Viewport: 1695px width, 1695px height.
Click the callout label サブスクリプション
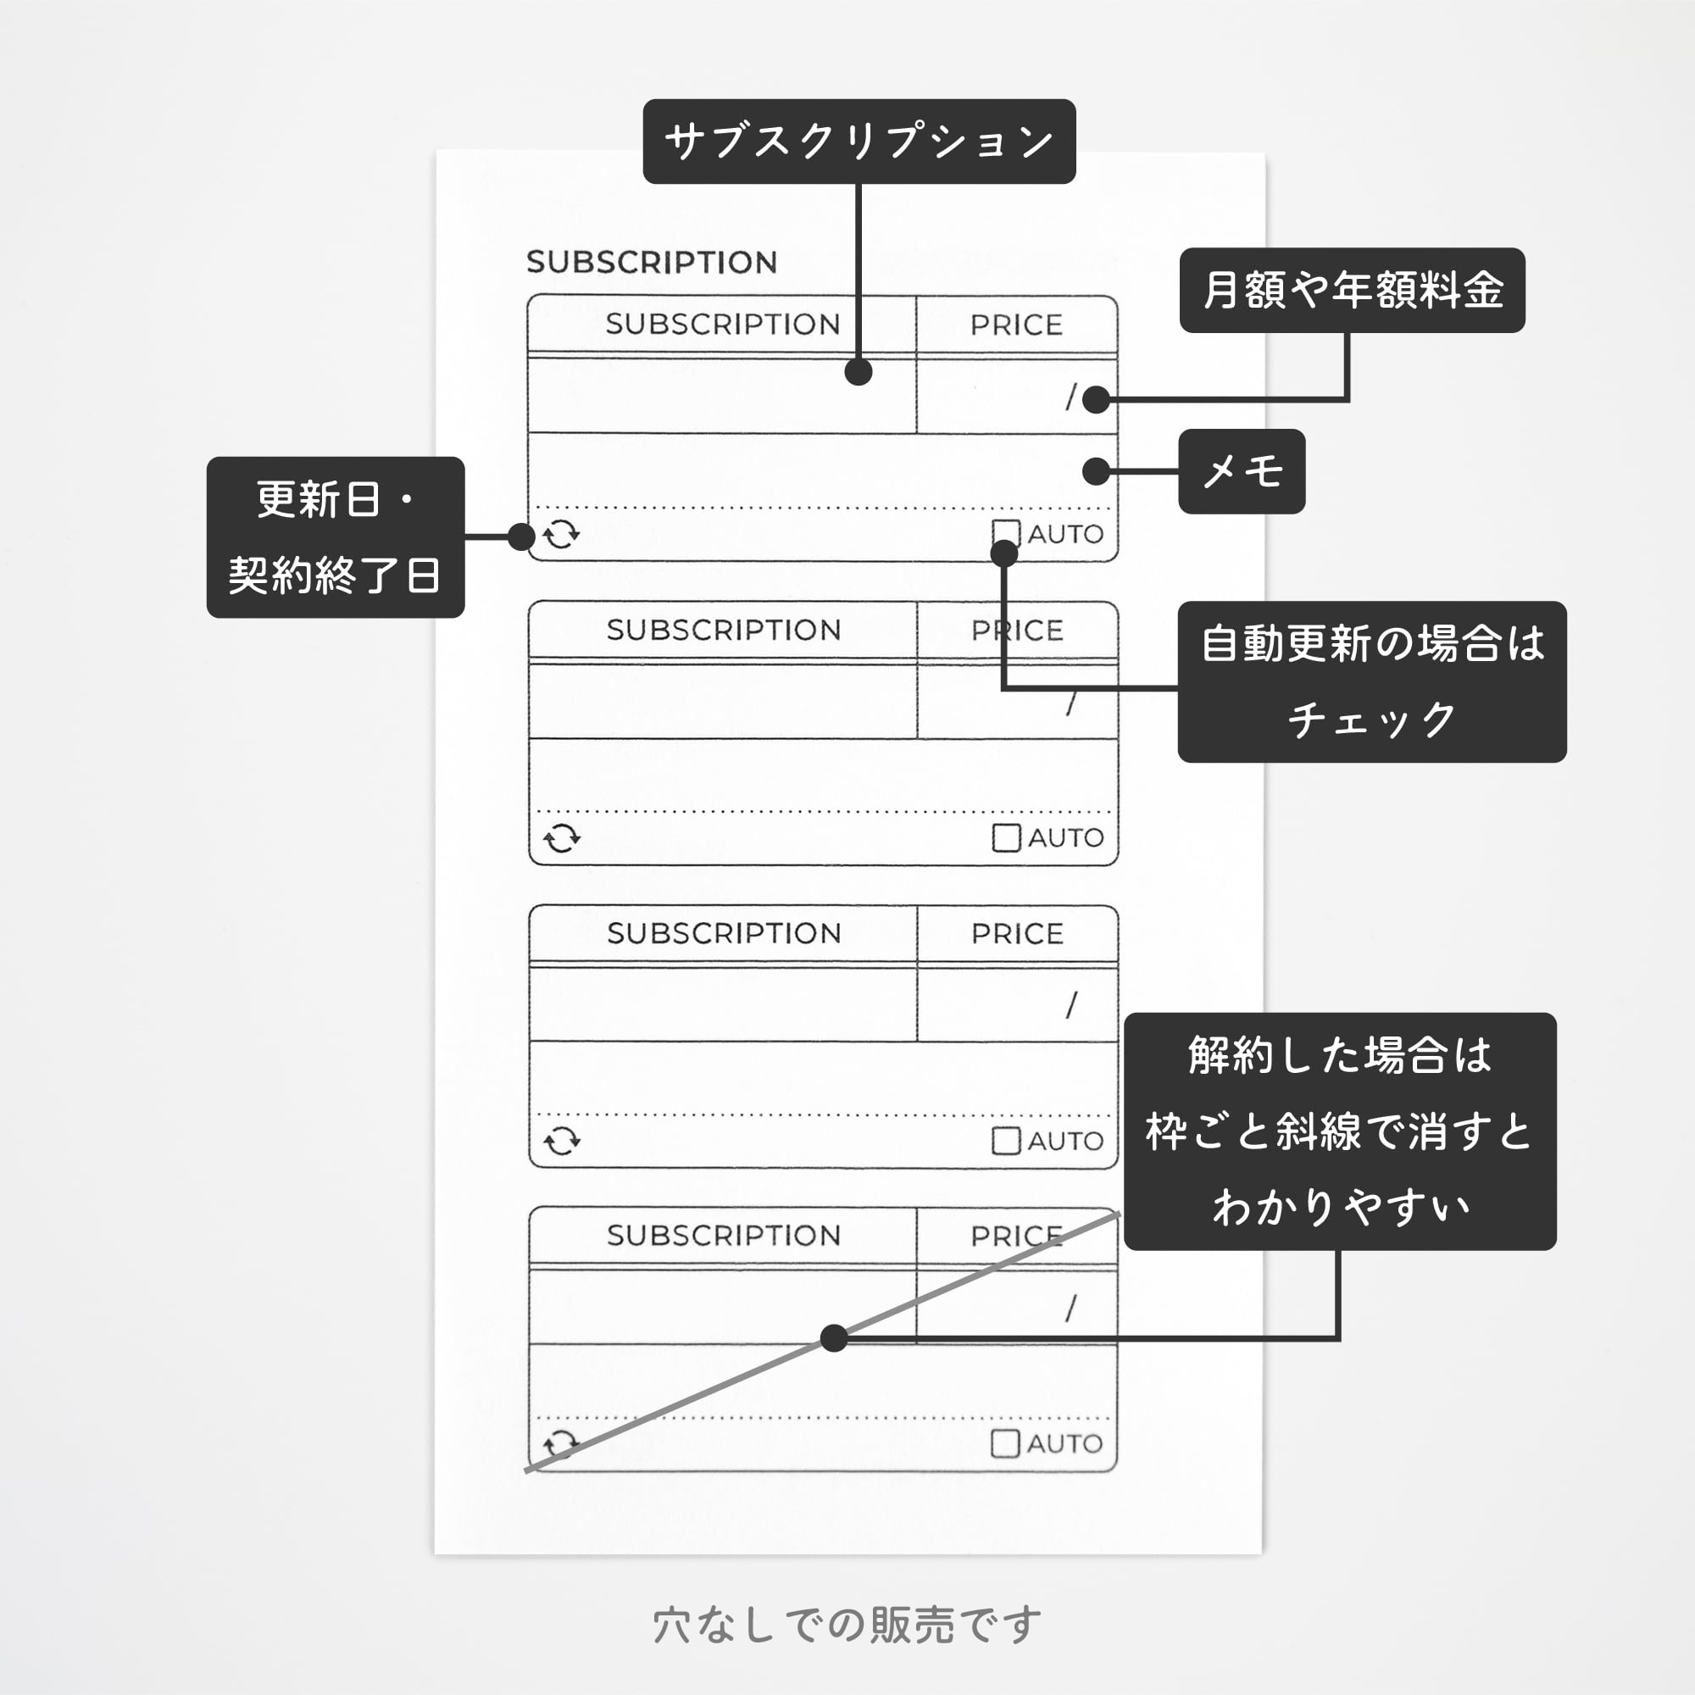click(x=859, y=142)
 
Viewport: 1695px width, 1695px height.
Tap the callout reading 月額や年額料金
click(x=1351, y=291)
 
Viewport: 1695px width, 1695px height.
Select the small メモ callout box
click(x=1242, y=471)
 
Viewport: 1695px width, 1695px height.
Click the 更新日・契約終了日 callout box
click(x=335, y=537)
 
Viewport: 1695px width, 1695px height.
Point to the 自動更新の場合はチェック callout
click(x=1371, y=681)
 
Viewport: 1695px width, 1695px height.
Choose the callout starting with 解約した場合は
click(x=1340, y=1131)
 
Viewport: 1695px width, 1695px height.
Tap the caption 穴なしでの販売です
click(x=847, y=1625)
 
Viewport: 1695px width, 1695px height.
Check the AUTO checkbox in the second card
click(x=1005, y=838)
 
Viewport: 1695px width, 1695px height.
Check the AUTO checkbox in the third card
click(x=1005, y=1141)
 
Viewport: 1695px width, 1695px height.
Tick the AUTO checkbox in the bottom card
click(x=1004, y=1443)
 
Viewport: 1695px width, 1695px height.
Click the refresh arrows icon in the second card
click(x=562, y=839)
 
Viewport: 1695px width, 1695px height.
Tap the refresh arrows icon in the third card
click(x=562, y=1142)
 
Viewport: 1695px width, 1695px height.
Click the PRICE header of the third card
click(x=1017, y=933)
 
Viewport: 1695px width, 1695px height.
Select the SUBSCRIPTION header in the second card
click(x=724, y=630)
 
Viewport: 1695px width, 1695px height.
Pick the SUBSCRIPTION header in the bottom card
click(x=724, y=1236)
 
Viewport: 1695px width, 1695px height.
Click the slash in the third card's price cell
click(x=1071, y=1005)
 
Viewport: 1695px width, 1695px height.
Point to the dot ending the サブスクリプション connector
click(x=858, y=371)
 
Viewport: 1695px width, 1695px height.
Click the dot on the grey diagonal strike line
click(x=833, y=1339)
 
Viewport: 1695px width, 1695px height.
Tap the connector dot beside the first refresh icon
click(x=521, y=537)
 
